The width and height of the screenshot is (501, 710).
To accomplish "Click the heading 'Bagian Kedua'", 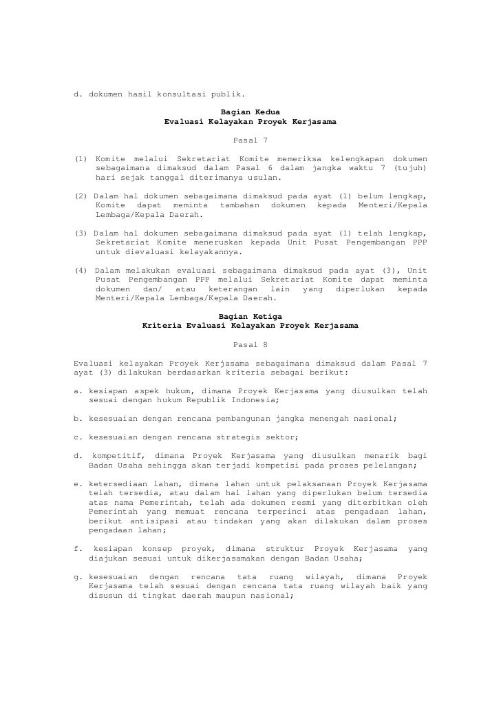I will [250, 112].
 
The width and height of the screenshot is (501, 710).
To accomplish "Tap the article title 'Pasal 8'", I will [250, 343].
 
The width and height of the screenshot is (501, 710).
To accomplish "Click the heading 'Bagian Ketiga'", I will [250, 315].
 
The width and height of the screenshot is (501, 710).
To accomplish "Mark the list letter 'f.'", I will [77, 549].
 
